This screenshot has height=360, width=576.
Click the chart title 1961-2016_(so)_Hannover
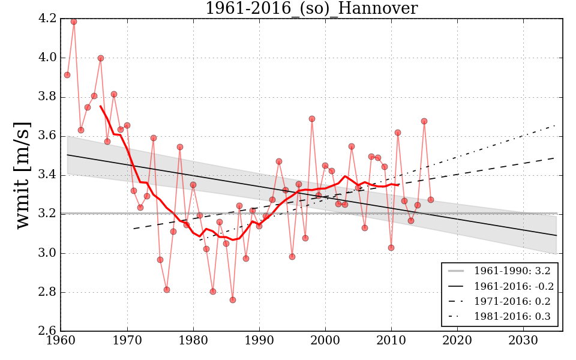point(311,8)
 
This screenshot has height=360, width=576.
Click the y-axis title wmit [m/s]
point(23,175)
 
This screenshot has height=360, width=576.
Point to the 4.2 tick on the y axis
point(48,19)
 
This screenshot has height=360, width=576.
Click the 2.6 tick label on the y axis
point(48,332)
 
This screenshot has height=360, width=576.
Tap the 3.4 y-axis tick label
point(48,175)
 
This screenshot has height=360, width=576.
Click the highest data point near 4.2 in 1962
point(74,22)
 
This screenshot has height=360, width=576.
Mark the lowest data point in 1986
point(233,300)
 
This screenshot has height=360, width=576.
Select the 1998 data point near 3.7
point(312,119)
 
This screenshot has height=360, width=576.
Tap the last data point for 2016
point(431,200)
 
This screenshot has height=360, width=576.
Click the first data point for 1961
point(67,75)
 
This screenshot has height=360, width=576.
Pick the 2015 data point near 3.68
point(424,121)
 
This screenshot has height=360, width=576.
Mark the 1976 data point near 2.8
point(167,290)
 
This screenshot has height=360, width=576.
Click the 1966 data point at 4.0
point(101,58)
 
